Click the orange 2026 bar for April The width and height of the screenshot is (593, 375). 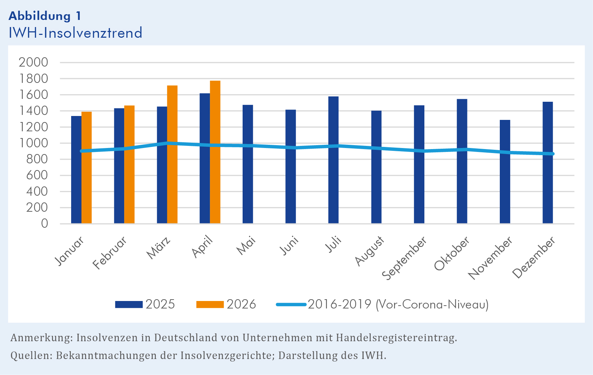[215, 152]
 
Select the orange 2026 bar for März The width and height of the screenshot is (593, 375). [172, 154]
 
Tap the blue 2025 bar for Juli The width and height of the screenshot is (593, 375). [333, 160]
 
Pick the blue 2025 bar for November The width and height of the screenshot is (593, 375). [505, 171]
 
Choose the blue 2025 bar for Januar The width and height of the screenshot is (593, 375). [76, 170]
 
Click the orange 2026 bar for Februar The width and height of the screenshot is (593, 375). [129, 164]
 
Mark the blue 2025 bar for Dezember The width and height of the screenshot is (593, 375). [548, 163]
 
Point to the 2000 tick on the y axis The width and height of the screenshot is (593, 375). [33, 63]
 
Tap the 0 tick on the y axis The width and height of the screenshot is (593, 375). [44, 224]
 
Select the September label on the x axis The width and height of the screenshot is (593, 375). [404, 258]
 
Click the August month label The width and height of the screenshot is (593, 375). [369, 251]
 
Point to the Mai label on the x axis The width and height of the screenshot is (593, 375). [246, 245]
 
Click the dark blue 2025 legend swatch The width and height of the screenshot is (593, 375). [129, 305]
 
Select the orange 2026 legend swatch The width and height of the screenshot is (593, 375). [210, 305]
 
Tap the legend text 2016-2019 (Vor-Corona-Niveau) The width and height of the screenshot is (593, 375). [398, 304]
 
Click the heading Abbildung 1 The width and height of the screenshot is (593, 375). [45, 16]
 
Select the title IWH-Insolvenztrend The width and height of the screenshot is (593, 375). [75, 33]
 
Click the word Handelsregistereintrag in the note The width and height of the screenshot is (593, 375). [397, 338]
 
